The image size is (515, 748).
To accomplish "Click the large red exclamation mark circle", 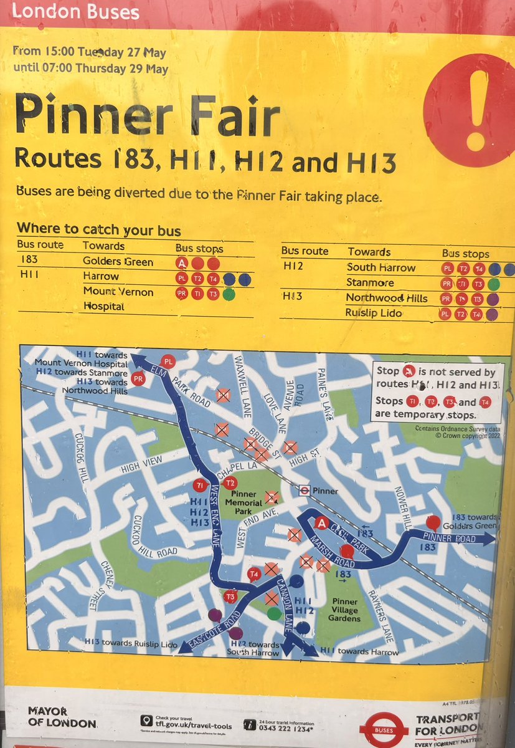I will coord(473,109).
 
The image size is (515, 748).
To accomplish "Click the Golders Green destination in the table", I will coord(118,262).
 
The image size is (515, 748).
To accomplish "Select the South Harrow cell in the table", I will coord(380,268).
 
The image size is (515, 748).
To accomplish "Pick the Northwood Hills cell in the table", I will coord(387,298).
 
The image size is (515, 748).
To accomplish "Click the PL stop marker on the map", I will coord(168,362).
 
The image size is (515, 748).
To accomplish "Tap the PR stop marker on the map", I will coord(138,378).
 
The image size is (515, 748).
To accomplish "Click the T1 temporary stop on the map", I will coord(200,485).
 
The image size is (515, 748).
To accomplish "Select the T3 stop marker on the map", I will coord(231,597).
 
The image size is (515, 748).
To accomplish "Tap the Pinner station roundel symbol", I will coord(305,490).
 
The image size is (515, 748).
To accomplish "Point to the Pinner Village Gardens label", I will coord(344,610).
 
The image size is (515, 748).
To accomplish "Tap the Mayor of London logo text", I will coord(62,717).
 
